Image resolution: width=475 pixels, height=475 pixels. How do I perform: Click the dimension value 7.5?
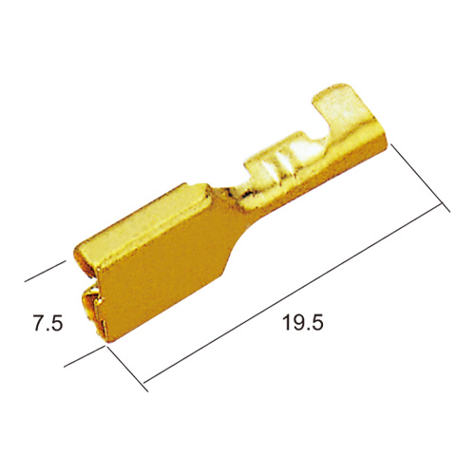click(48, 323)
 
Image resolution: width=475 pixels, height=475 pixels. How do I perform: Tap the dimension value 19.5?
click(303, 322)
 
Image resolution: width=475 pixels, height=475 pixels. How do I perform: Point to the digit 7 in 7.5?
click(39, 323)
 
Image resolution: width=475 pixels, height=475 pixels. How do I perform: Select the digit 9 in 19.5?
click(297, 322)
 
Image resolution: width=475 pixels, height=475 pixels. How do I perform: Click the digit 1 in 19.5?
click(286, 322)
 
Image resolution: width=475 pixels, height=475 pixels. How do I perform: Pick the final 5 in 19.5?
click(316, 322)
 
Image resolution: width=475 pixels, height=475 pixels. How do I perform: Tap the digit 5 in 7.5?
click(57, 323)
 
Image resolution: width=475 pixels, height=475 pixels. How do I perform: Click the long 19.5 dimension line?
click(293, 294)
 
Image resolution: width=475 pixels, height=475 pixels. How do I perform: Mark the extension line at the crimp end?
click(421, 178)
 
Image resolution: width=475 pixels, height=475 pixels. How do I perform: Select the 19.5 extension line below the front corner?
click(126, 369)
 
